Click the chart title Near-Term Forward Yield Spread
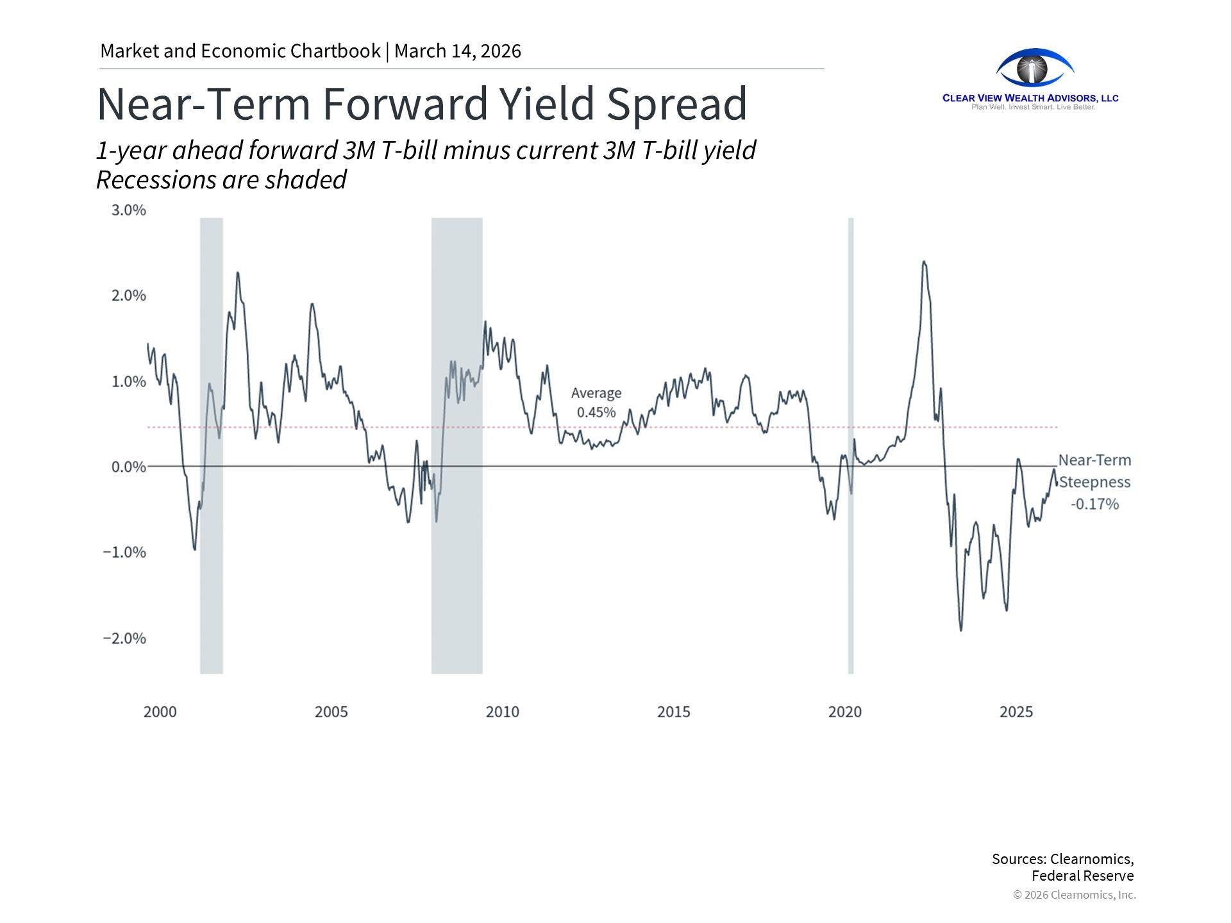[421, 104]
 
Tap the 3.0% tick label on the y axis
[128, 210]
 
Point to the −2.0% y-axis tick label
[124, 638]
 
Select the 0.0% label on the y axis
[128, 467]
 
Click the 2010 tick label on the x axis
[502, 712]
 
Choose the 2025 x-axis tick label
[1016, 712]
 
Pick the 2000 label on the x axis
[160, 712]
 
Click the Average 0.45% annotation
[596, 403]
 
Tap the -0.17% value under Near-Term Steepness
[1094, 504]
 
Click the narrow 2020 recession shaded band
[851, 577]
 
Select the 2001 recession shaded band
[212, 577]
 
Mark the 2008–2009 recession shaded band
[456, 577]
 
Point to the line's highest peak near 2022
[923, 262]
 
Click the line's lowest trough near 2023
[960, 630]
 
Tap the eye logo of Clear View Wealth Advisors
[1034, 68]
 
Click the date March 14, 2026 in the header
[457, 51]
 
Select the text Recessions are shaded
[221, 180]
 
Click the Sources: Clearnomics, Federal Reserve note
[1062, 867]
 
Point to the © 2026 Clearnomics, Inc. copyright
[1074, 895]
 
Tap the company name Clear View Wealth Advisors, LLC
[1030, 98]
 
